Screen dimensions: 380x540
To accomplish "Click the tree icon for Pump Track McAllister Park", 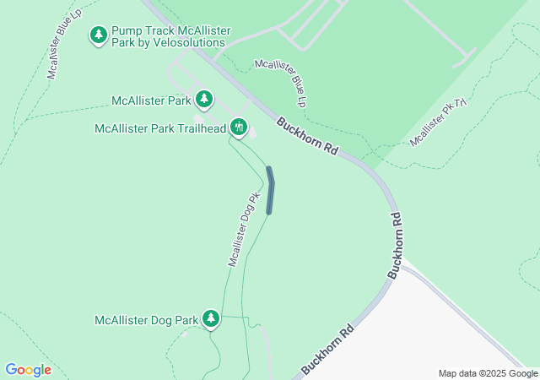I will tap(99, 35).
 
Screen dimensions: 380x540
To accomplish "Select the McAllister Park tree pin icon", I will tap(203, 100).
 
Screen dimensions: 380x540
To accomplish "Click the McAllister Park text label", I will tap(152, 101).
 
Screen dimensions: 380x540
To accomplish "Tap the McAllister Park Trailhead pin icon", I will tap(239, 127).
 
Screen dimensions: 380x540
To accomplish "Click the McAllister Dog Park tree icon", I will tap(210, 318).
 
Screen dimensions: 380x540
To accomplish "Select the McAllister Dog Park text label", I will tap(146, 320).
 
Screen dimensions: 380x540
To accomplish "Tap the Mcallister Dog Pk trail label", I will tap(241, 230).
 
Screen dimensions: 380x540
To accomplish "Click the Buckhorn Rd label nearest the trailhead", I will tap(308, 137).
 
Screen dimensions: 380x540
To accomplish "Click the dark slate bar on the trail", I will tap(270, 190).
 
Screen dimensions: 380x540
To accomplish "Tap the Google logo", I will tap(28, 369).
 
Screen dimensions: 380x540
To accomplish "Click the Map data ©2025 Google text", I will tap(487, 373).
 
